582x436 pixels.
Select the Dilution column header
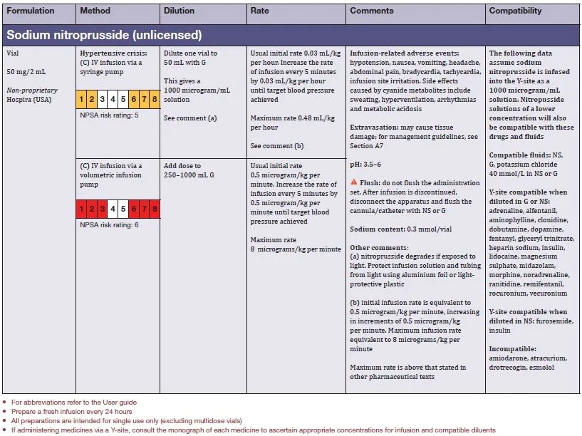(179, 11)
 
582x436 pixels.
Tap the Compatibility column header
(516, 11)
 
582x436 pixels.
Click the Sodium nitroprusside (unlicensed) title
(104, 34)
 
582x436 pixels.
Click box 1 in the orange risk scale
(83, 99)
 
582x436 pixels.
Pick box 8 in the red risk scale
(155, 209)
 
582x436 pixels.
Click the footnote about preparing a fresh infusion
(71, 412)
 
